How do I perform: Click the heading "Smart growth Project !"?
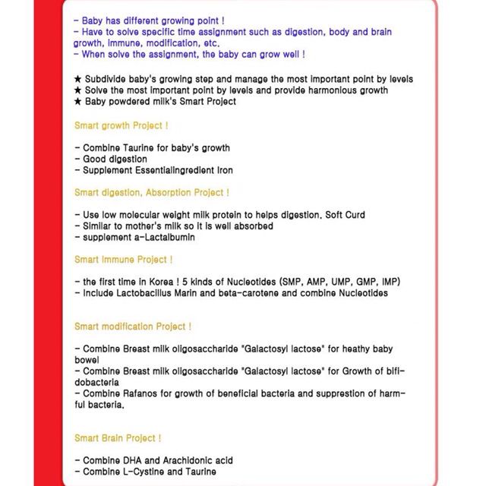click(x=121, y=125)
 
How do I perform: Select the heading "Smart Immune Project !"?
click(x=123, y=260)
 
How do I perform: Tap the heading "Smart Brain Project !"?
click(x=117, y=438)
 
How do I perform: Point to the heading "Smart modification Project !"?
click(x=132, y=327)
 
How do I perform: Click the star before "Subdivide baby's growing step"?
click(x=78, y=79)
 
